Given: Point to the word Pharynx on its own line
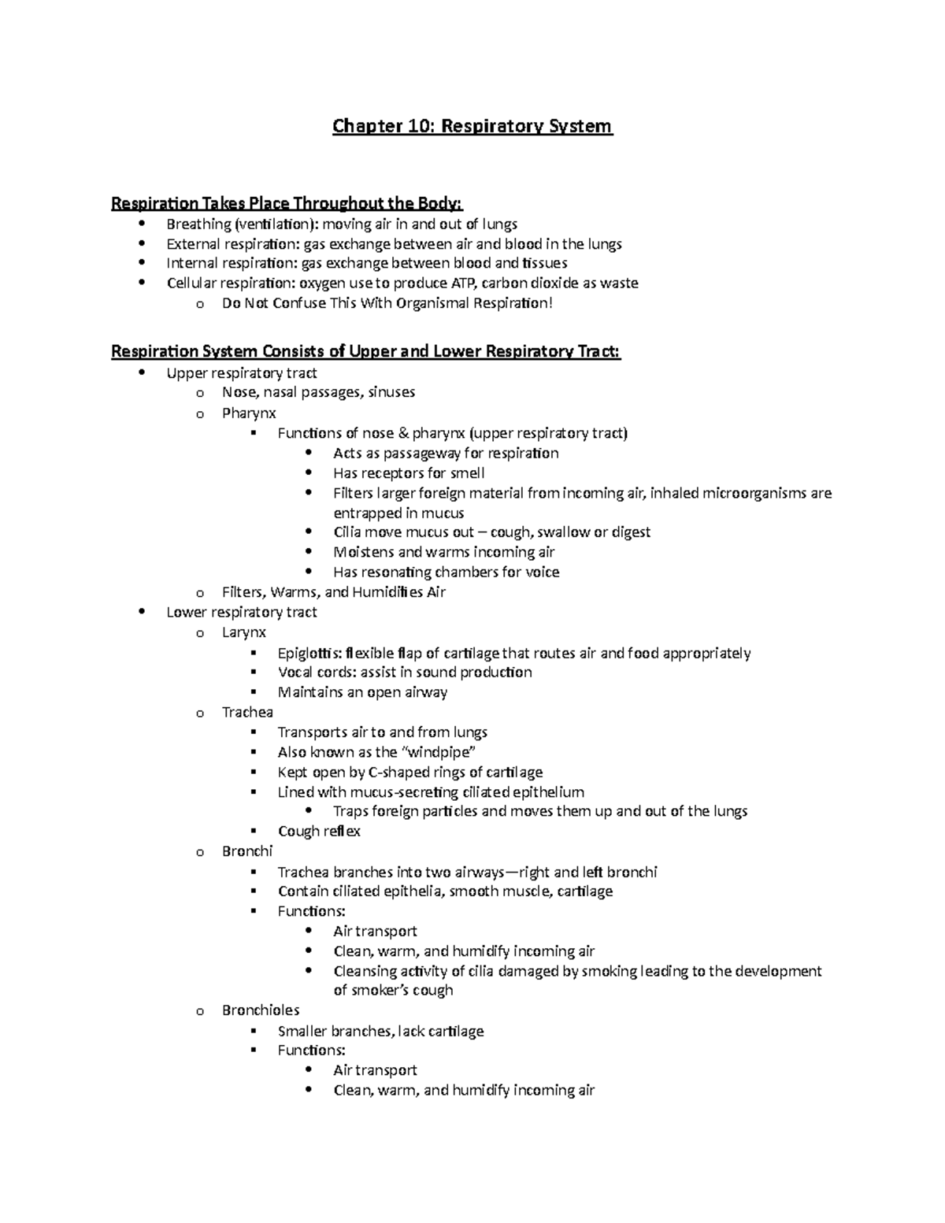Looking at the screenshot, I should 249,413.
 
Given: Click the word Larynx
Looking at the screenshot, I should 244,632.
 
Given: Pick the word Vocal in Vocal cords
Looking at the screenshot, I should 295,673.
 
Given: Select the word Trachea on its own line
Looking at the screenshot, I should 247,713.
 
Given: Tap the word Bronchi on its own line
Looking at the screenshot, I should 247,851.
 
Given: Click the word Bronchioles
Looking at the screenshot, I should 261,1010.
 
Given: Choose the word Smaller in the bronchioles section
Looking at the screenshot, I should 302,1031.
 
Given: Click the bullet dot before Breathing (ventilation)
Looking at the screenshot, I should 141,224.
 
